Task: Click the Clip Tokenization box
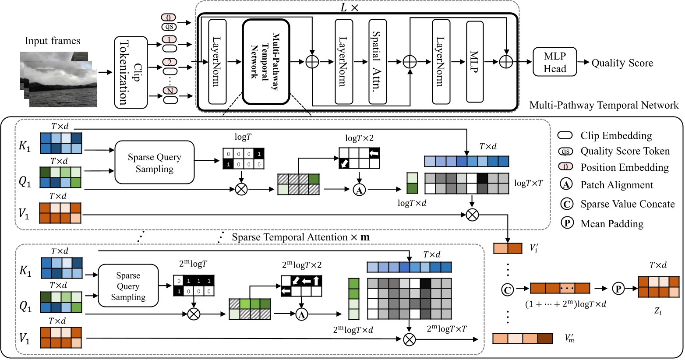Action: tap(131, 72)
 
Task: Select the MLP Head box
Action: tap(554, 62)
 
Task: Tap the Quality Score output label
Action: tap(622, 63)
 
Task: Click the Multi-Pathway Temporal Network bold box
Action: tap(266, 61)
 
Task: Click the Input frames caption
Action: tap(53, 41)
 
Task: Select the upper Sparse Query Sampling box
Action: tap(154, 162)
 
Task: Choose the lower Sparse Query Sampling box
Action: tap(128, 286)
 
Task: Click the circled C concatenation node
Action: tap(507, 289)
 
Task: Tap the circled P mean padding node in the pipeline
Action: tap(618, 289)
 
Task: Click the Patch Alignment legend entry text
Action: tap(617, 185)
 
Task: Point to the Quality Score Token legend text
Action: tap(625, 151)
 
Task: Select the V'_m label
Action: tap(569, 338)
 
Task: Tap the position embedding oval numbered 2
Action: tap(169, 62)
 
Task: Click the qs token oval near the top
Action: tap(169, 27)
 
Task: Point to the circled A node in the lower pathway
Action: tap(301, 314)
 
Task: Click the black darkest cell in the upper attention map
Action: tap(482, 178)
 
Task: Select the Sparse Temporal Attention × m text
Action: tap(300, 237)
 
